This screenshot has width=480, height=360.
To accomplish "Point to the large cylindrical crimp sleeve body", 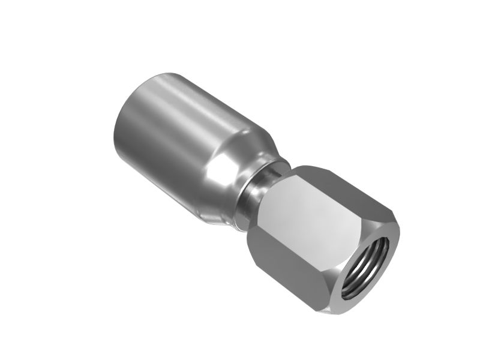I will [174, 138].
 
